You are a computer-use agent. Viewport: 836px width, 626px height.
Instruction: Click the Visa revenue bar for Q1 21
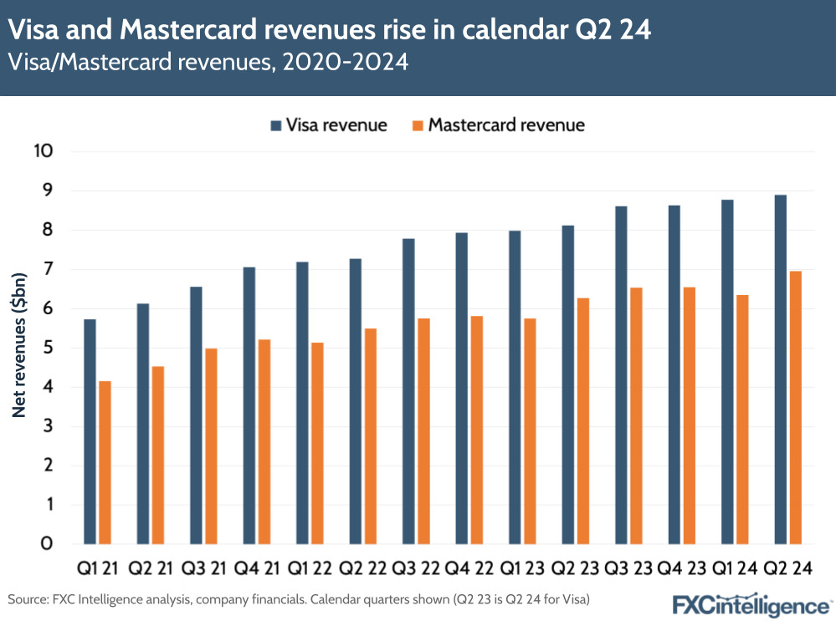tap(90, 431)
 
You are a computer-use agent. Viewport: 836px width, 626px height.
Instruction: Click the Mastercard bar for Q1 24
tap(742, 419)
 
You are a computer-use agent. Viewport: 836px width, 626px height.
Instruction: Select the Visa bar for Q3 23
tap(621, 375)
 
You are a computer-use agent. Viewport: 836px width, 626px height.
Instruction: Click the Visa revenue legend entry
tap(327, 125)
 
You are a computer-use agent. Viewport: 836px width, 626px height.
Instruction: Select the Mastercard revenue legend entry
tap(497, 125)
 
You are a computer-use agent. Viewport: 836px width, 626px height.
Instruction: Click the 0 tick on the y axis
tap(47, 544)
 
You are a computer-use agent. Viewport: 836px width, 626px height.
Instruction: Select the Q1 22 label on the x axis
tap(310, 569)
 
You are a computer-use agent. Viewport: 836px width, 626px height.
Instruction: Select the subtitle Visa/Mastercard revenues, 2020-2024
tap(208, 63)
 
